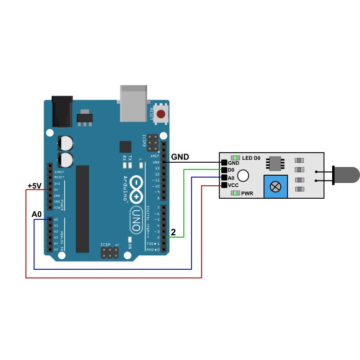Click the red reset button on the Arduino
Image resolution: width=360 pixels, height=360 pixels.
(x=161, y=114)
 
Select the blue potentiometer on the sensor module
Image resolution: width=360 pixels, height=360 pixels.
(x=276, y=186)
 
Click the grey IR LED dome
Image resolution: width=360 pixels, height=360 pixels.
(x=346, y=175)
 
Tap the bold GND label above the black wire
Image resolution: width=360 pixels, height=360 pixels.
(x=180, y=157)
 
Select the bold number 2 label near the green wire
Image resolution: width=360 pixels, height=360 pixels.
(x=173, y=232)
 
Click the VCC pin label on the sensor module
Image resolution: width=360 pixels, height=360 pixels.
(x=233, y=185)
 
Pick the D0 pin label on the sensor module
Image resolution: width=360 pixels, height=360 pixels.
(x=231, y=170)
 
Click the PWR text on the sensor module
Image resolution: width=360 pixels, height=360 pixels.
(x=247, y=193)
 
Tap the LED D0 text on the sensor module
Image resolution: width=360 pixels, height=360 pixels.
(x=251, y=158)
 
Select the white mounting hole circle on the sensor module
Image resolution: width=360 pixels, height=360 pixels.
(x=243, y=176)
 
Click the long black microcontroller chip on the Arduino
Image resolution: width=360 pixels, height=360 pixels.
(x=83, y=209)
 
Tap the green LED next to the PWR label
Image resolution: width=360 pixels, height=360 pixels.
(x=235, y=193)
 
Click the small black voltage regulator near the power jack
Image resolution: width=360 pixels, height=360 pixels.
(x=84, y=117)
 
